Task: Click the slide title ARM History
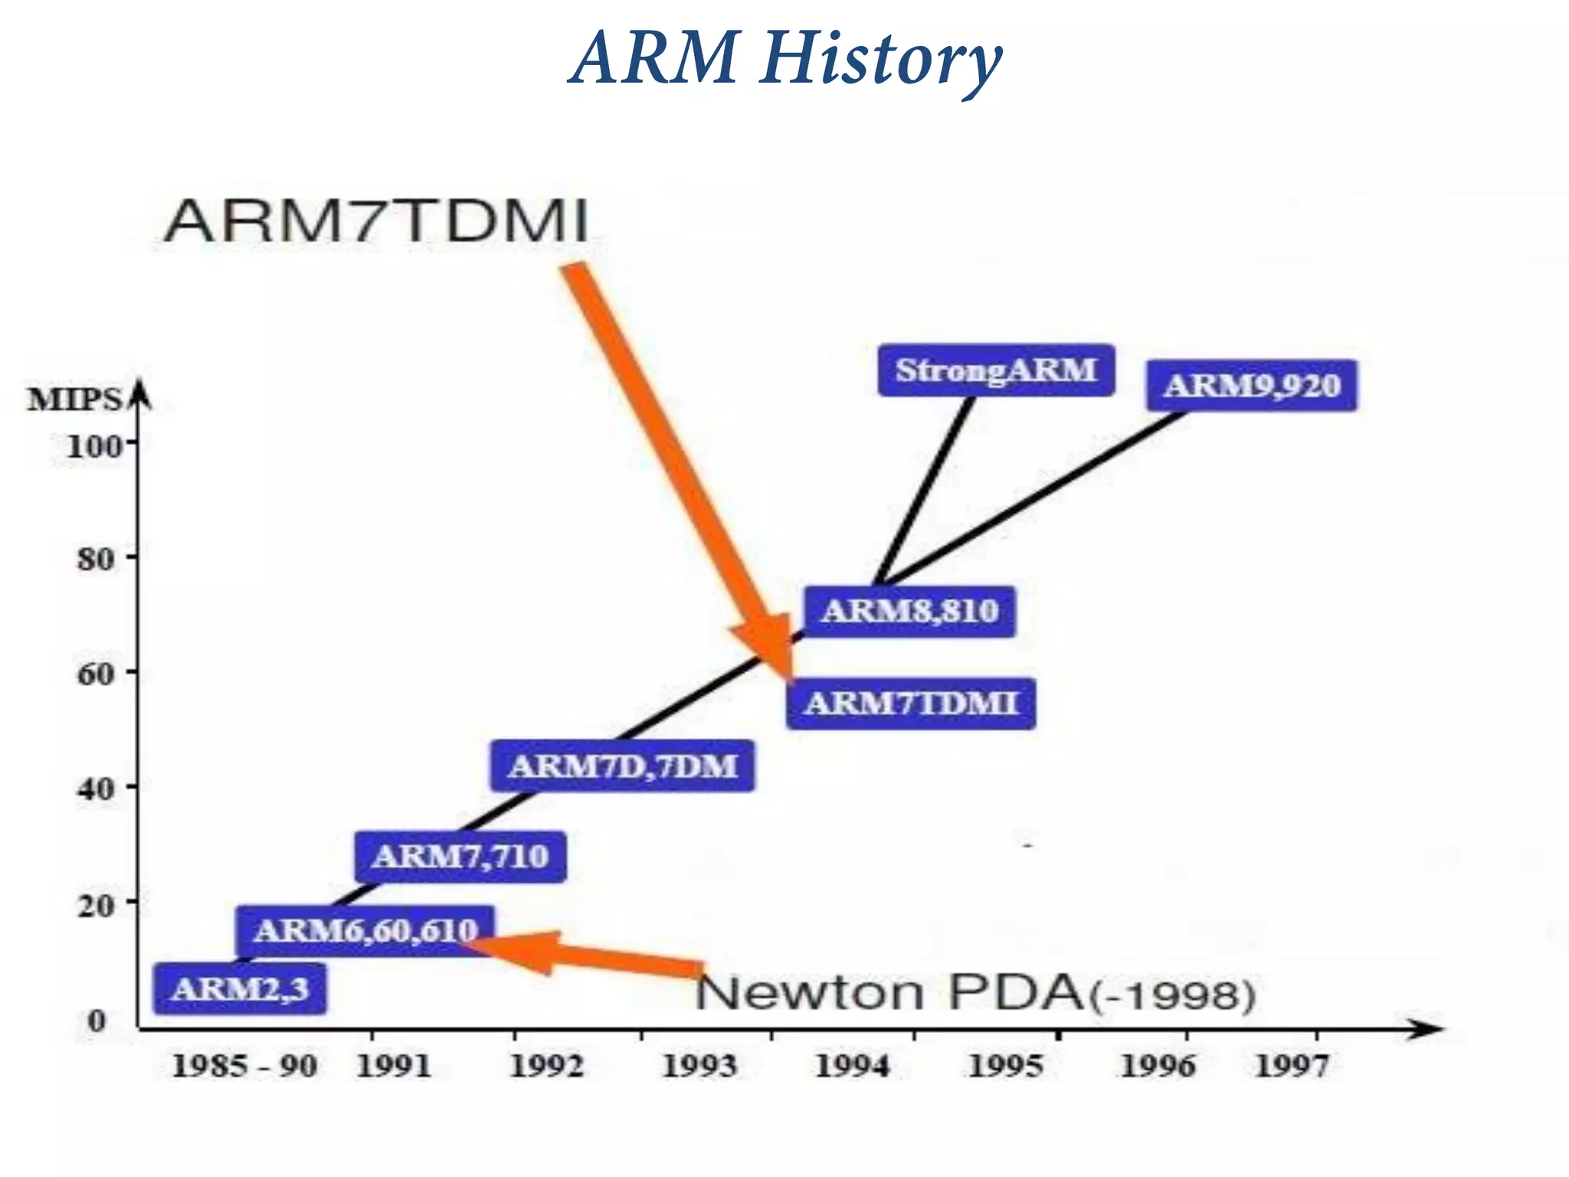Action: [784, 60]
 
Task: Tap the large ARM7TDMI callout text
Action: [375, 222]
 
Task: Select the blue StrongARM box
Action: [995, 370]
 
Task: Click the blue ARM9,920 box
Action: [1251, 385]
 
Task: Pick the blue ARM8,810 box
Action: [909, 611]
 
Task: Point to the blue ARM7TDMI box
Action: [910, 703]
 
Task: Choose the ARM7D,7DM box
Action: [622, 766]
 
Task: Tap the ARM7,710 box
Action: [460, 857]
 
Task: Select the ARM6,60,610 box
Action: [365, 931]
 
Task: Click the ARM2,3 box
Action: [240, 989]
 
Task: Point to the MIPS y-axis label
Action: [74, 400]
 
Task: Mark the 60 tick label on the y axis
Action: [96, 674]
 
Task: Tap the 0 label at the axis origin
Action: [97, 1021]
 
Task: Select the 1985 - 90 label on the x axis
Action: [244, 1067]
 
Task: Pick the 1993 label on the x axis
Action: [699, 1067]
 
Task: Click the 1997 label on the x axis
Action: [1291, 1067]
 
